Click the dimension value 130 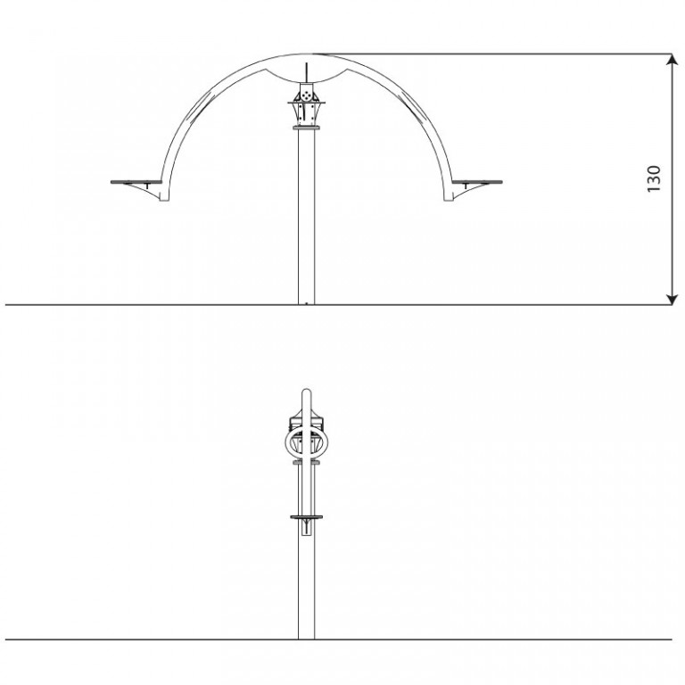654,178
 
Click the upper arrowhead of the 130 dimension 672,60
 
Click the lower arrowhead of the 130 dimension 672,299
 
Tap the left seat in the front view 136,182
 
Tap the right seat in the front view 477,182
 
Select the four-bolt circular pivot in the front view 307,95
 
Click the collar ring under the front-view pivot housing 307,128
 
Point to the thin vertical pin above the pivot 307,72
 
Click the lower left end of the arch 164,199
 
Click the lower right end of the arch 449,199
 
